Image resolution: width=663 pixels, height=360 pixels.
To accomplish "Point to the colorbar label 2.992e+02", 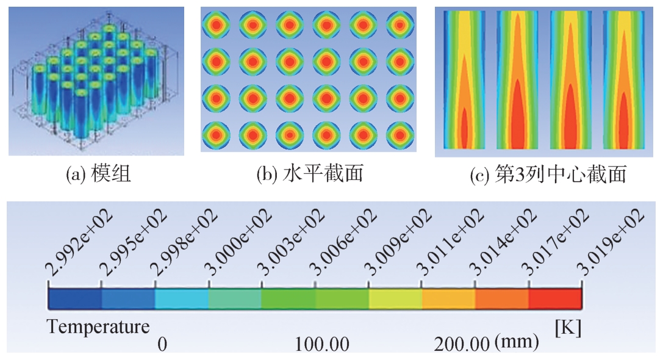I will pyautogui.click(x=73, y=245).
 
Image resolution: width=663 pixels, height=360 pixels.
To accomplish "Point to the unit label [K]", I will pyautogui.click(x=568, y=328).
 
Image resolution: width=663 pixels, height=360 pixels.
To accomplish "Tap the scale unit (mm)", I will pyautogui.click(x=517, y=344).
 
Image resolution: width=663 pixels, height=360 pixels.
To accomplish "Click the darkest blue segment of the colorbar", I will pyautogui.click(x=74, y=298).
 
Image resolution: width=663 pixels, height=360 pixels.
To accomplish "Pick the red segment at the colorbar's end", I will pyautogui.click(x=554, y=298).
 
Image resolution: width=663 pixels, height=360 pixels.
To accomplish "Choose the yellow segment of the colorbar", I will pyautogui.click(x=395, y=298).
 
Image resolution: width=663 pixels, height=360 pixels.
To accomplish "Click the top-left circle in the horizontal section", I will pyautogui.click(x=217, y=26).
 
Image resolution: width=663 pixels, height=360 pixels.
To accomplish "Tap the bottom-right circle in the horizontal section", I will pyautogui.click(x=400, y=134).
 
